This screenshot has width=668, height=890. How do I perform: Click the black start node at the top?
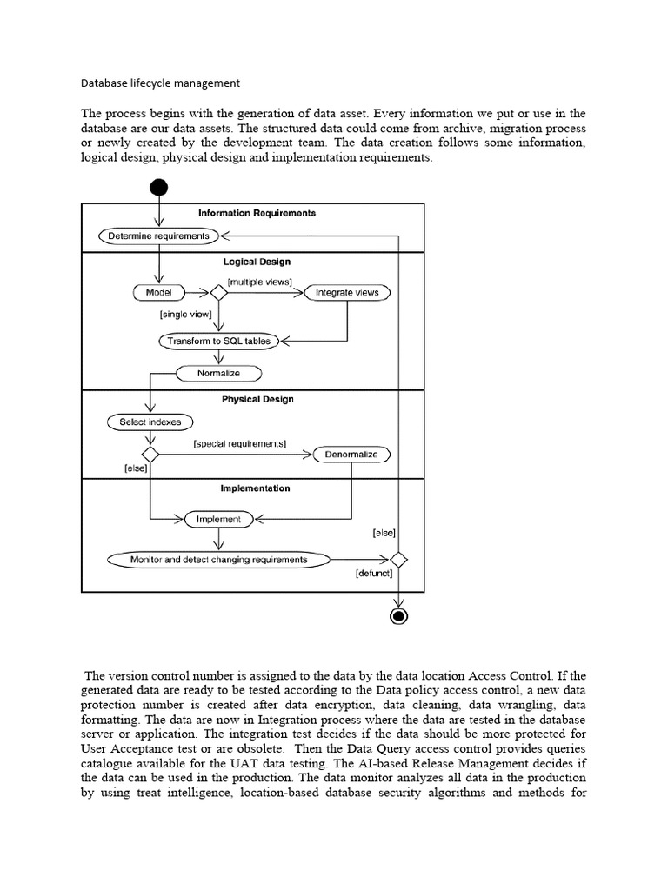[x=159, y=188]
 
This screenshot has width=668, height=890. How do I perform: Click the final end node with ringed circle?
[x=398, y=616]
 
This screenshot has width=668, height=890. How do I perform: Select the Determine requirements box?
[x=159, y=236]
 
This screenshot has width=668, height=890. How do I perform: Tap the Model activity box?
[x=159, y=293]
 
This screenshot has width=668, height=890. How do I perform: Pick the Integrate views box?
[x=347, y=293]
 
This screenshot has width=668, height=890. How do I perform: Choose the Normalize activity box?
[x=218, y=373]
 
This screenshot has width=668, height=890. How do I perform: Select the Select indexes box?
[x=150, y=422]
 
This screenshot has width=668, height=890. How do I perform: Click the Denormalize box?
[x=351, y=455]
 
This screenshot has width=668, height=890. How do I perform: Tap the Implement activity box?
[x=218, y=519]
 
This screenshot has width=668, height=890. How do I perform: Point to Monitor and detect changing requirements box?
[x=218, y=560]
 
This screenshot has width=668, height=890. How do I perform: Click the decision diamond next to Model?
[x=218, y=293]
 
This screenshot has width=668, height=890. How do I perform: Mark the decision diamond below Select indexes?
[x=150, y=455]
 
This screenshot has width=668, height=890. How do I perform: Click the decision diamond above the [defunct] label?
[x=398, y=560]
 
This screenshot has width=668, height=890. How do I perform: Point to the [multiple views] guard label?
[x=260, y=281]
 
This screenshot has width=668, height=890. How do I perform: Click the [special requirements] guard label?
[x=239, y=443]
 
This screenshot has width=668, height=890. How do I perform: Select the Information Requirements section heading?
[x=257, y=213]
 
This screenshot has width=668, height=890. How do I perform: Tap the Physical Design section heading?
[x=257, y=400]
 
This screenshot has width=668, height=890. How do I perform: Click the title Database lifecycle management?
[x=160, y=83]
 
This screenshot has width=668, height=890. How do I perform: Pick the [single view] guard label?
[x=186, y=315]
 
